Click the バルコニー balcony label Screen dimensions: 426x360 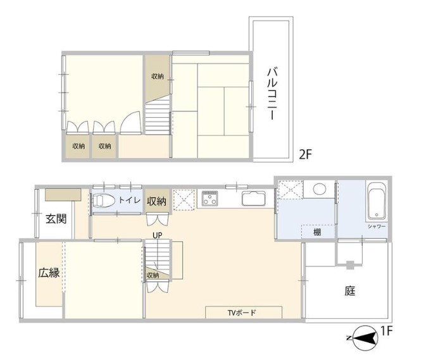[x=272, y=94]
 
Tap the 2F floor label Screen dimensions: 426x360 [x=305, y=155]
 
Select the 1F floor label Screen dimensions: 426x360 [x=387, y=331]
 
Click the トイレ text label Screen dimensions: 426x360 [x=130, y=201]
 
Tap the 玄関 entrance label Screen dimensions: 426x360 [x=56, y=218]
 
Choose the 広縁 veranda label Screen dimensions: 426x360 [x=49, y=273]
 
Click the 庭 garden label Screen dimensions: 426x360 [x=350, y=291]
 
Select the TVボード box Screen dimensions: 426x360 [x=244, y=313]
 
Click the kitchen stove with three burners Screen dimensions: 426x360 [x=210, y=197]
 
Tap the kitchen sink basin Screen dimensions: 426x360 [x=254, y=199]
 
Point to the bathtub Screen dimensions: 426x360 [x=377, y=201]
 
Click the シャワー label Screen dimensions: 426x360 [x=377, y=226]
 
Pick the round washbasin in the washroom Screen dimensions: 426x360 [x=320, y=189]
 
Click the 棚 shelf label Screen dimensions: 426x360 [x=317, y=232]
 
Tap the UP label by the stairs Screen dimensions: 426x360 [x=158, y=235]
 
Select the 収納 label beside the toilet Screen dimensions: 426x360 [x=156, y=201]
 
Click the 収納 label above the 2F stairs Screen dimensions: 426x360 [x=158, y=77]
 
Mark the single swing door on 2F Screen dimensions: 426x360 [x=130, y=123]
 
